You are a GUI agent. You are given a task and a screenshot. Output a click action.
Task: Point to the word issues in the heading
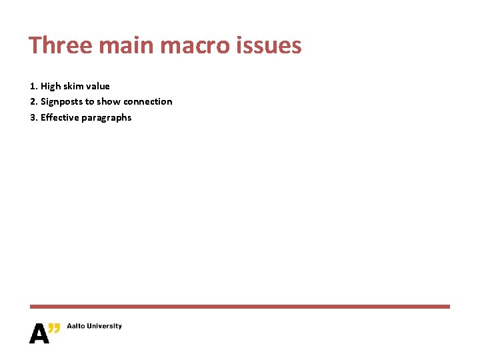tap(271, 45)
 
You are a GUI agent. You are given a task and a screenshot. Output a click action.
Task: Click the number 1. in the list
tap(34, 86)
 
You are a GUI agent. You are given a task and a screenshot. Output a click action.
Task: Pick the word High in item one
tap(51, 86)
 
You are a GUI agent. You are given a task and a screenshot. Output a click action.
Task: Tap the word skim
tap(74, 86)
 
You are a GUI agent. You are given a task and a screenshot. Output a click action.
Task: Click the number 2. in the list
tap(34, 102)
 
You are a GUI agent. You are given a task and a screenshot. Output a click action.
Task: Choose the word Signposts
tap(61, 102)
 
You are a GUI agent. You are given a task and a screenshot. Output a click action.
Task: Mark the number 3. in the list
tap(34, 118)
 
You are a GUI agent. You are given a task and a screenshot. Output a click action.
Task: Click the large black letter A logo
tap(39, 333)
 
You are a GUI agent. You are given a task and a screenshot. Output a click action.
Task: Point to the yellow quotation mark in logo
tap(55, 327)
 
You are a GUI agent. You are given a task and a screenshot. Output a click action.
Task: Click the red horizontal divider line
tap(240, 307)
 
